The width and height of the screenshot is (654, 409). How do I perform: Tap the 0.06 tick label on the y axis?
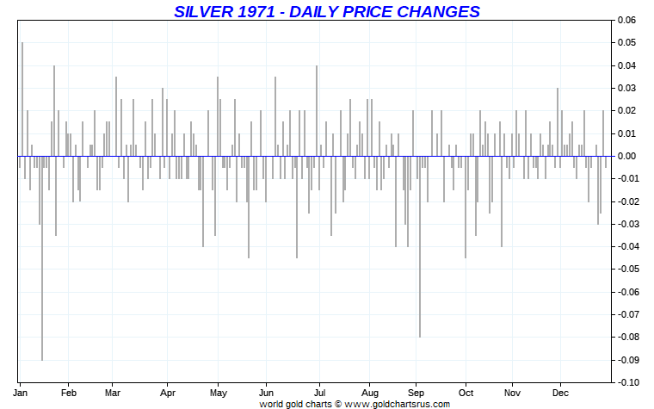pos(627,20)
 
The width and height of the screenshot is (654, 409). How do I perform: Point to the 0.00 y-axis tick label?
pos(627,156)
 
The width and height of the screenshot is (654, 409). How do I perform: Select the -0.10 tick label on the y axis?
pos(626,382)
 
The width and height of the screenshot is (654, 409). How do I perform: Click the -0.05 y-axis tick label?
pos(626,270)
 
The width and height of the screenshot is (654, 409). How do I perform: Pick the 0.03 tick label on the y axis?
pos(627,88)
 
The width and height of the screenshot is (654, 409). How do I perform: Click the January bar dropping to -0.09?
pos(42,258)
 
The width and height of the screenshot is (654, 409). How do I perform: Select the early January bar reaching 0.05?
pos(22,99)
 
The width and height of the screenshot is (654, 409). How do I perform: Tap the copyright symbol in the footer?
pos(338,402)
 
